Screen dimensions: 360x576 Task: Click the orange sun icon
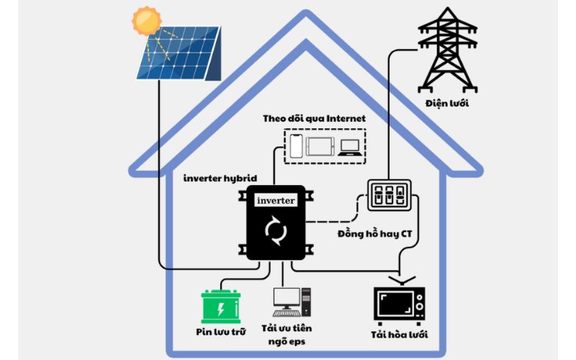(148, 20)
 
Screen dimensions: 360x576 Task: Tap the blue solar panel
(180, 56)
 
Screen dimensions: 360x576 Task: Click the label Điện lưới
(446, 104)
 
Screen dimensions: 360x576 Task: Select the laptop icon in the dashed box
(350, 146)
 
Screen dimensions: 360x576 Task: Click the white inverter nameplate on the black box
(275, 200)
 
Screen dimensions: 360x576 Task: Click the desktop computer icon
(291, 302)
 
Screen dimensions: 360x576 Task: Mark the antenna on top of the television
(400, 279)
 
